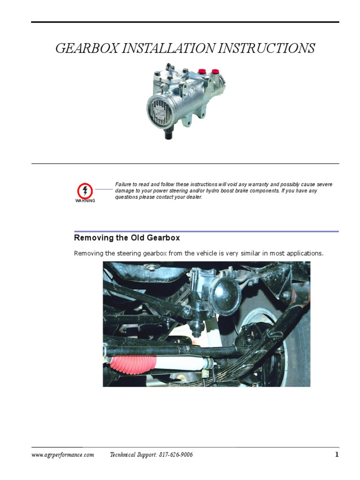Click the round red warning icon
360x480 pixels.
point(85,190)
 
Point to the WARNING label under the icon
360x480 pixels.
point(85,201)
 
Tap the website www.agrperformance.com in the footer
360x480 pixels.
point(62,455)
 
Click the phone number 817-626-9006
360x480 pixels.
point(175,455)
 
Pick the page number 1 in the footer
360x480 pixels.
point(336,455)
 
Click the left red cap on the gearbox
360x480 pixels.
point(202,71)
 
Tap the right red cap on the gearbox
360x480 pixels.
point(215,71)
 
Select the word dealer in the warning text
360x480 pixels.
point(192,197)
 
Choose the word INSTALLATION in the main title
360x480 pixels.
point(171,49)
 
